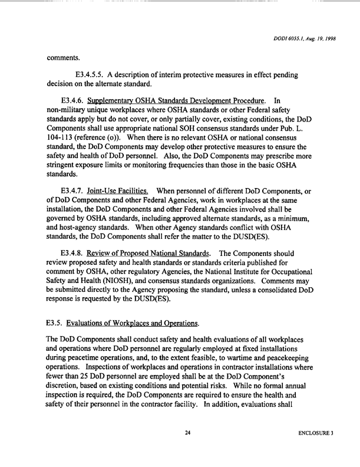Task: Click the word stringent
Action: [x=65, y=169]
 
